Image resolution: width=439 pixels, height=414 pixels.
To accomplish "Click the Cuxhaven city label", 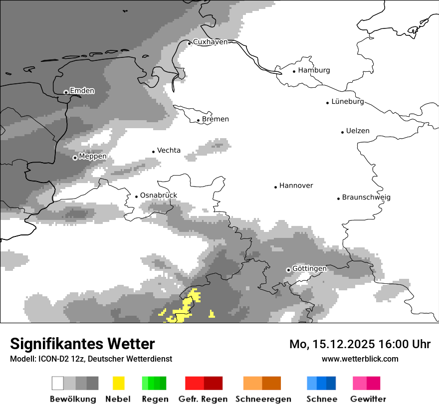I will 210,42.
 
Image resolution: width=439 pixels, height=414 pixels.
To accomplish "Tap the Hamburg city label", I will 314,70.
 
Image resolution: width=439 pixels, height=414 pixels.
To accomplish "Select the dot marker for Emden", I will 66,92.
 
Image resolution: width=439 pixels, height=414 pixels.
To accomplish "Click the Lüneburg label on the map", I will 347,102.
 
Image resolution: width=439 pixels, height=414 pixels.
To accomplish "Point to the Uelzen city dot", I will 342,132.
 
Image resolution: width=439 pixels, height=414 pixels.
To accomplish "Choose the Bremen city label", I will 216,119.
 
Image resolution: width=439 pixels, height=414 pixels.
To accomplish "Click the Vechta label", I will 169,151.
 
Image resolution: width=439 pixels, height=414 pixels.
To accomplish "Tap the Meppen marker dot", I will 75,158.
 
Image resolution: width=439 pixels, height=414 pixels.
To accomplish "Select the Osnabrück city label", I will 158,196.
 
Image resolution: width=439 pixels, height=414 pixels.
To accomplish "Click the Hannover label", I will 296,186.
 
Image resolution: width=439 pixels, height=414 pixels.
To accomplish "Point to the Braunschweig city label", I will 366,198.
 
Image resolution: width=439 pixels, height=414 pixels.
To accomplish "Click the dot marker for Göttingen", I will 288,270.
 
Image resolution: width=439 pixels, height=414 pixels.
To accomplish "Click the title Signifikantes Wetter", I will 82,344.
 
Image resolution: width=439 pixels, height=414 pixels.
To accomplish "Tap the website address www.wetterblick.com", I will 360,359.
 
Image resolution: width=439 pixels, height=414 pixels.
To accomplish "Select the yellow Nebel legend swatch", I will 118,383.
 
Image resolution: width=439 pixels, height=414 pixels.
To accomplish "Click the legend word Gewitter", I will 368,399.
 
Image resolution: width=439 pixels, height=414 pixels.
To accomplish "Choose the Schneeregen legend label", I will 263,399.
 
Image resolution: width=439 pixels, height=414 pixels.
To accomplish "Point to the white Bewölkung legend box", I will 58,383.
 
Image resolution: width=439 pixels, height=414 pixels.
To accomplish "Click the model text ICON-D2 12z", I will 59,359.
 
